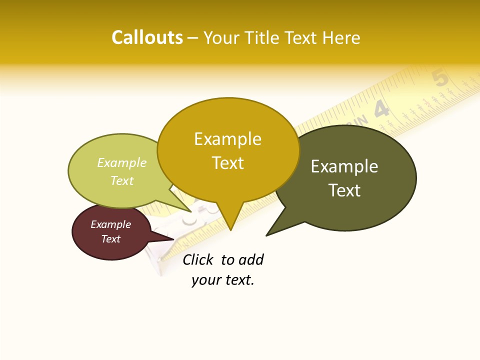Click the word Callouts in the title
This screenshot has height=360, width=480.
147,37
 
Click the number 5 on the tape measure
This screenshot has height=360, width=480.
440,78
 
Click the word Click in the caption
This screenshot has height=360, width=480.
197,259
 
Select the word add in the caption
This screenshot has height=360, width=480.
250,259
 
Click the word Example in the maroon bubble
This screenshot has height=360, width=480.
110,224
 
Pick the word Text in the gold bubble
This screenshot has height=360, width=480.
228,163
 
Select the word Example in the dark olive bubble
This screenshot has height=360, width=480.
344,166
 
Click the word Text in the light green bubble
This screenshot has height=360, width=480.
122,180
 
